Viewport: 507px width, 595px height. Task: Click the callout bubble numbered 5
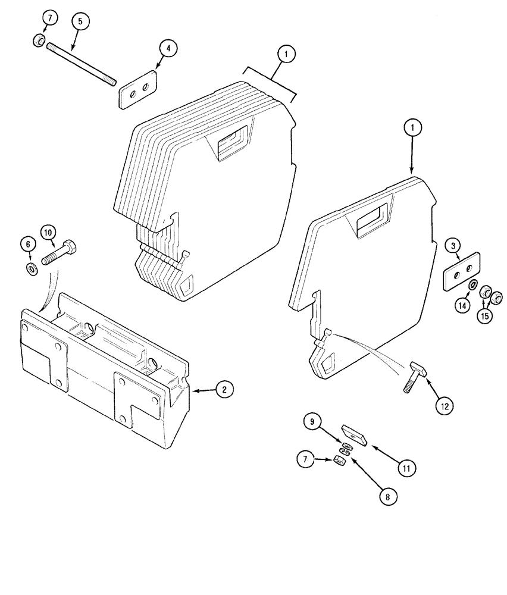tap(81, 21)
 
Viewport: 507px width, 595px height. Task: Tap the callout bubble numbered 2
tap(224, 390)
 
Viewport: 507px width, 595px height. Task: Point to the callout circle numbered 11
tap(406, 468)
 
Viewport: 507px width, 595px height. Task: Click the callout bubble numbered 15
tap(485, 315)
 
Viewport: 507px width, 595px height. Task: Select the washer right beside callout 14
tap(472, 286)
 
